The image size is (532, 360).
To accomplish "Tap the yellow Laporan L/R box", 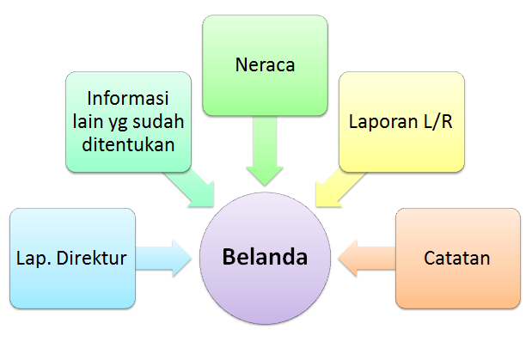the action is [x=401, y=120].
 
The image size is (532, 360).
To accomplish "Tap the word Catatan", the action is [x=457, y=258].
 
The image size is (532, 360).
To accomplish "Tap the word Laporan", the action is [x=383, y=120].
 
